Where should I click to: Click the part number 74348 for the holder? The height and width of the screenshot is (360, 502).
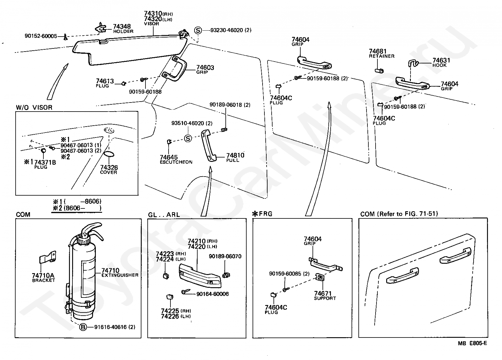tap(122, 27)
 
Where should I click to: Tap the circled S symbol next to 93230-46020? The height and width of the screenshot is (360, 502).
tap(198, 30)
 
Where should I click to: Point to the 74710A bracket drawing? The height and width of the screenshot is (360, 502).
tap(48, 257)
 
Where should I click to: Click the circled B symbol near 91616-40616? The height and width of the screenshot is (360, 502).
tap(83, 327)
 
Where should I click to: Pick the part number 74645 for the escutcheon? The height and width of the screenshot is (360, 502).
tap(169, 157)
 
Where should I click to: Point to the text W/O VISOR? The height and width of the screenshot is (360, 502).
tap(34, 107)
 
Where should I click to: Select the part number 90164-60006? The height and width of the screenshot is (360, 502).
tap(212, 294)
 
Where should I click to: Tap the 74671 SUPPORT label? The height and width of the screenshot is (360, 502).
tap(325, 295)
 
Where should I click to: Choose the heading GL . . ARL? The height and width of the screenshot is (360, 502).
tap(164, 215)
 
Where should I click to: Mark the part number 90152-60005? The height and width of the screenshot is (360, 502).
tap(41, 36)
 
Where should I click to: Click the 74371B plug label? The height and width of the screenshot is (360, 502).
tap(45, 162)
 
